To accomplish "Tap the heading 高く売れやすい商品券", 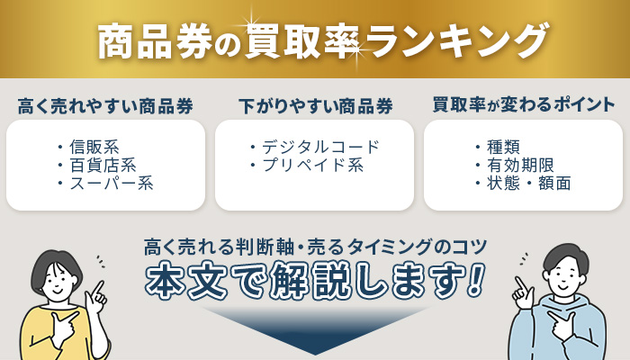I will coord(105,105).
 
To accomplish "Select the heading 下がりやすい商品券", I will coord(315,105).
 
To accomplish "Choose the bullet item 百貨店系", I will coord(107,165).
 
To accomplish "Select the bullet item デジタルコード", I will coord(320,147).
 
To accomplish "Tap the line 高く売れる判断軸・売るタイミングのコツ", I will coord(315,246).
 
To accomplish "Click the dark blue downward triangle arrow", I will coord(314,328).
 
